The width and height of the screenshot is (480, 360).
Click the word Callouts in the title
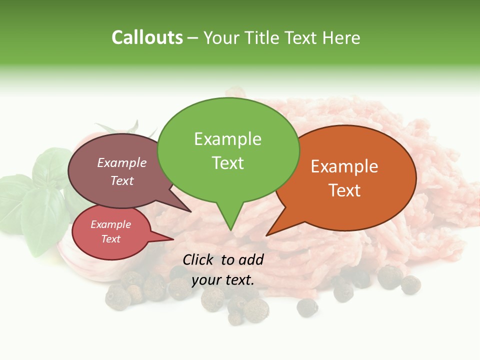coord(147,37)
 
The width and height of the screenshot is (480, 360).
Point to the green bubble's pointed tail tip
coord(230,230)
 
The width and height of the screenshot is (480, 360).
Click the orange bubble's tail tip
coord(267,235)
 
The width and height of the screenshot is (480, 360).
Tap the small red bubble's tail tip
coord(173,239)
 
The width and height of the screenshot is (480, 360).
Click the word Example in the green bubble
coord(228,139)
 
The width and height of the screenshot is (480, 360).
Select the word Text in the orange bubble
coord(344,190)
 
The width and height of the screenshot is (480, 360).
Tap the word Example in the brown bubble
coord(122,162)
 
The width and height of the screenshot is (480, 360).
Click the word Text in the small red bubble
coord(111,239)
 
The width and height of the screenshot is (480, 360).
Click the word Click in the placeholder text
coord(198,259)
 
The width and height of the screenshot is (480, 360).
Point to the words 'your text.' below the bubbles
coord(223,280)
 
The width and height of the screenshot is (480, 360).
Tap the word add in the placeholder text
coord(251,259)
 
